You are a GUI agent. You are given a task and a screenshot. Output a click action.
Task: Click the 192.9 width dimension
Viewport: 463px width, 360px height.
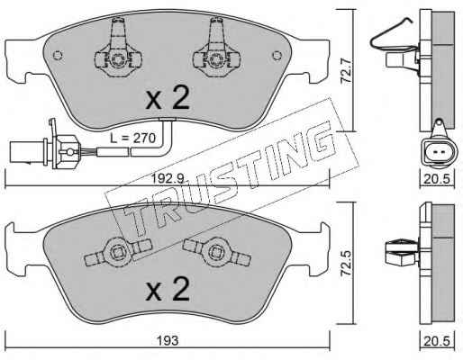click(168, 179)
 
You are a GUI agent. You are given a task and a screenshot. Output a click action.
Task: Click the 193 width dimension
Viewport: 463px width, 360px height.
click(168, 340)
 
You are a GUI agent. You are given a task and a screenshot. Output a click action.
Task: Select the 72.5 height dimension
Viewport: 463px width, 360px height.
click(348, 263)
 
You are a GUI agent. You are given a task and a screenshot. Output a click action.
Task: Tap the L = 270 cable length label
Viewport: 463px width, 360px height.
click(132, 139)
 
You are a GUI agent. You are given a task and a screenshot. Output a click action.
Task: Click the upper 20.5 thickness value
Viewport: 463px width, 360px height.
click(437, 179)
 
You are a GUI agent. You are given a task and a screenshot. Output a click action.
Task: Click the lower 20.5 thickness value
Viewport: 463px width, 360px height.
click(437, 341)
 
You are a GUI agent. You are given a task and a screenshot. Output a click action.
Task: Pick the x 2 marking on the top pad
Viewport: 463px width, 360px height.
click(168, 97)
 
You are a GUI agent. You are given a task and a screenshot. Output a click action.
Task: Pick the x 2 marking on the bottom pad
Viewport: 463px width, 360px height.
click(168, 288)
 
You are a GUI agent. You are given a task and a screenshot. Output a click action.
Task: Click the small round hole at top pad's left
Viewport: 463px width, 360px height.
click(58, 55)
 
